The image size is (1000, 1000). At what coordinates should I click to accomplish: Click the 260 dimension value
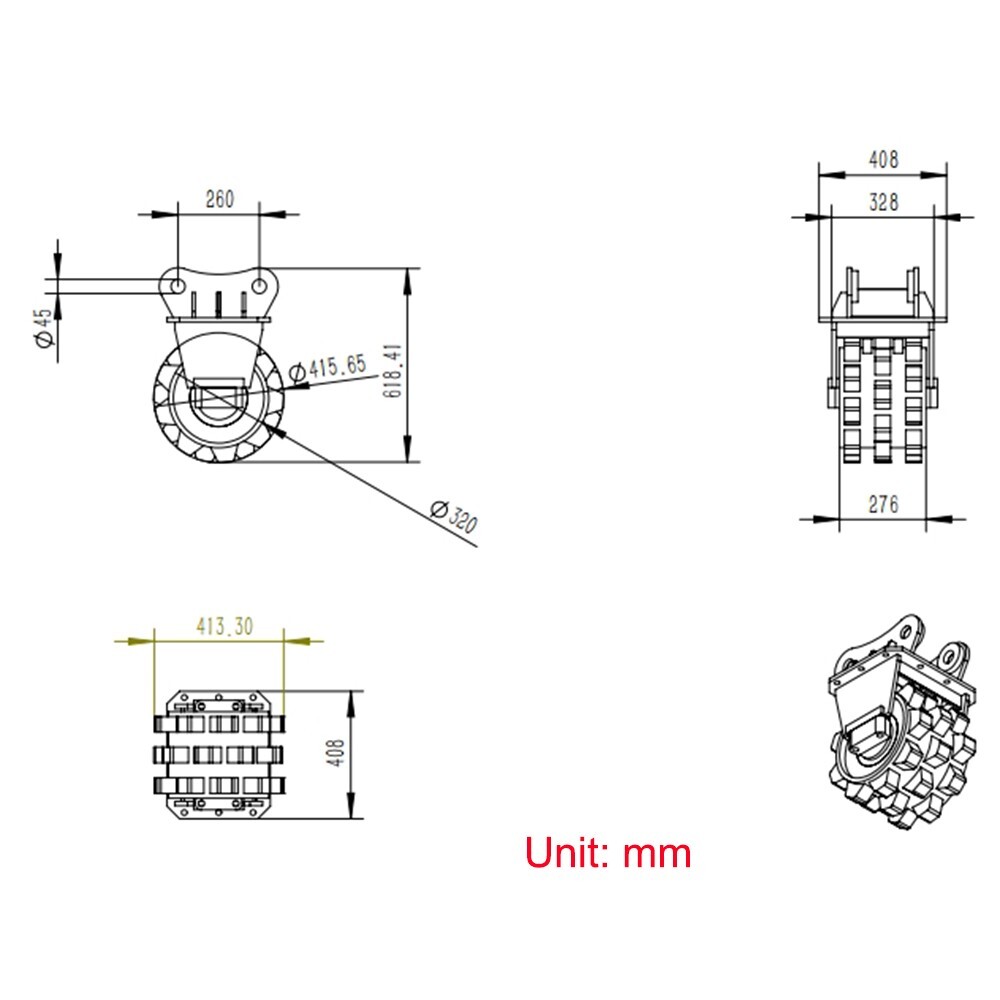coord(219,199)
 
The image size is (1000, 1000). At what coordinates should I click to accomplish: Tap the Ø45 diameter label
coord(43,328)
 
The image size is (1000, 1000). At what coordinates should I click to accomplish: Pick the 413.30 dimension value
coord(224,627)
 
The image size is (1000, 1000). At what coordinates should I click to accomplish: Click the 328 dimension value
coord(883,202)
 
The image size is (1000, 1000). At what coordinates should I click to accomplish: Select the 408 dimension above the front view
coord(883,158)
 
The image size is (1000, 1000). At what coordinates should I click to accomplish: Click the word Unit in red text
coord(566,853)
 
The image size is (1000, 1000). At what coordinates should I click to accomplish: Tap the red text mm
coord(657,853)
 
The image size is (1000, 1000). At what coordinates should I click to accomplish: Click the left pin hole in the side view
coord(176,285)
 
